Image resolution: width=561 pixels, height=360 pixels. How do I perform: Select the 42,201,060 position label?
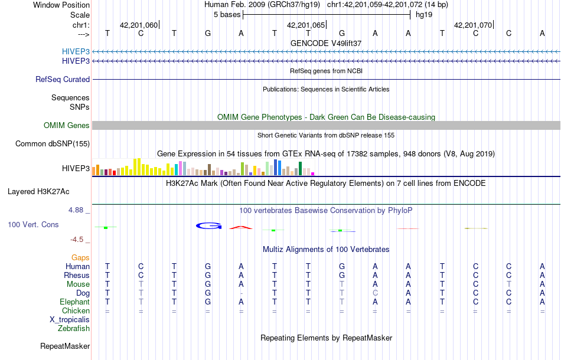pyautogui.click(x=139, y=25)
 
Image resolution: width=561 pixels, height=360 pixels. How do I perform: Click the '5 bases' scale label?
pyautogui.click(x=226, y=14)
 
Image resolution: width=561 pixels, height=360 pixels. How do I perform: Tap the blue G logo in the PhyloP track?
pyautogui.click(x=208, y=225)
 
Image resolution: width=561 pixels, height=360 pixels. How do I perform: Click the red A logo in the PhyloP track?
pyautogui.click(x=241, y=227)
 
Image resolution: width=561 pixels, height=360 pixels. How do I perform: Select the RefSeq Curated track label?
pyautogui.click(x=63, y=79)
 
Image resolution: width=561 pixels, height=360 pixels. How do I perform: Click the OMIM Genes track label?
pyautogui.click(x=67, y=125)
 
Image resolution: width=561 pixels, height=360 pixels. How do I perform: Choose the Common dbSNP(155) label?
pyautogui.click(x=53, y=143)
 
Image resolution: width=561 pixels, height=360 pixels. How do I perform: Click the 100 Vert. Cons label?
pyautogui.click(x=33, y=225)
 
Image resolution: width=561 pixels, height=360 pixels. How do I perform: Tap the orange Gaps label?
pyautogui.click(x=80, y=257)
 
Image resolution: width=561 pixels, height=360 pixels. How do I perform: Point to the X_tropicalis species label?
pyautogui.click(x=70, y=319)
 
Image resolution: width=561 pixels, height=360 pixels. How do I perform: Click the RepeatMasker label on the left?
pyautogui.click(x=65, y=346)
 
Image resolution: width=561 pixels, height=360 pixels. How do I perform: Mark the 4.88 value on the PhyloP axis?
pyautogui.click(x=78, y=210)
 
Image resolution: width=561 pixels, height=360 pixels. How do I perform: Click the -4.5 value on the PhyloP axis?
pyautogui.click(x=78, y=240)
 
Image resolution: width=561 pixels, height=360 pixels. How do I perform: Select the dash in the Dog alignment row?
pyautogui.click(x=241, y=293)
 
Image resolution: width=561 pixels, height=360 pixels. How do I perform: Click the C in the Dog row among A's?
pyautogui.click(x=375, y=293)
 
